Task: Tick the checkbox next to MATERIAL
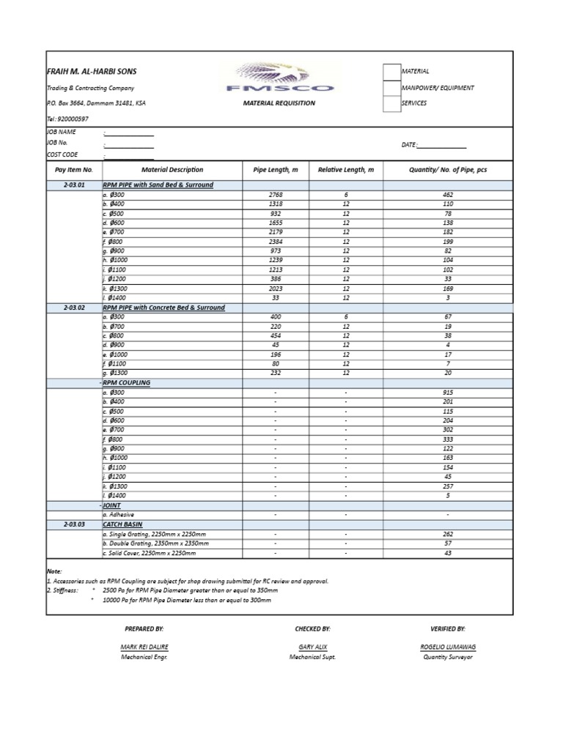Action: pyautogui.click(x=391, y=71)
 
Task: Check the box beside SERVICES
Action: pyautogui.click(x=391, y=103)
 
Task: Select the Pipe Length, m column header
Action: pyautogui.click(x=276, y=170)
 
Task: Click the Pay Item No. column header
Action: pyautogui.click(x=74, y=170)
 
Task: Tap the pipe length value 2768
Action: pyautogui.click(x=276, y=195)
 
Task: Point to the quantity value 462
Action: pyautogui.click(x=448, y=195)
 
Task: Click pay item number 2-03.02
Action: pyautogui.click(x=74, y=308)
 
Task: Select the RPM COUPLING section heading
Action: pyautogui.click(x=127, y=383)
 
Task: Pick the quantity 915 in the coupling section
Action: pyautogui.click(x=448, y=393)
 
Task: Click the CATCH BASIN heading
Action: pyautogui.click(x=122, y=524)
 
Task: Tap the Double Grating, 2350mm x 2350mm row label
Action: pyautogui.click(x=155, y=543)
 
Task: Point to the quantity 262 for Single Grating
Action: pyautogui.click(x=448, y=534)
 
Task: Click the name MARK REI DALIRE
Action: pyautogui.click(x=144, y=647)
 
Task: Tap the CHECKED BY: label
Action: pyautogui.click(x=313, y=628)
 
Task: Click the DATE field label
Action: pyautogui.click(x=409, y=145)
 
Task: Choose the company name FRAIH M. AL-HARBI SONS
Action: pyautogui.click(x=92, y=72)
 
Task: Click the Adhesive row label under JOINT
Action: pyautogui.click(x=118, y=515)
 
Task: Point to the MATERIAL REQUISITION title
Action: pyautogui.click(x=279, y=103)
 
